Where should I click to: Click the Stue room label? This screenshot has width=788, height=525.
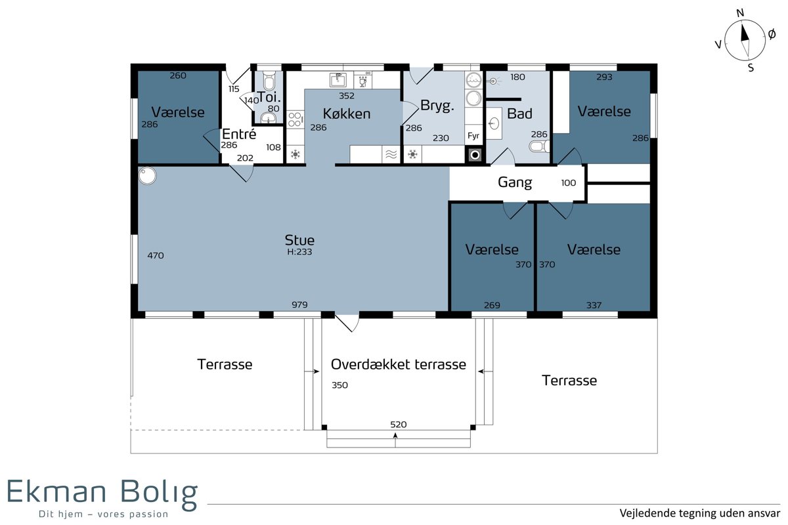click(299, 240)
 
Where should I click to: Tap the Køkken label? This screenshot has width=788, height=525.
click(347, 114)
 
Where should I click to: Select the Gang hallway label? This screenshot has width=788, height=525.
click(515, 182)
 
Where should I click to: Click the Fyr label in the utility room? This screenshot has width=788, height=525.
click(473, 136)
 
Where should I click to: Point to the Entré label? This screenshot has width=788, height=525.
click(239, 134)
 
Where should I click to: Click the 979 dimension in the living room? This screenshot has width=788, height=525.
click(299, 304)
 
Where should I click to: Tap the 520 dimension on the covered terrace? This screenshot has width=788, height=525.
click(398, 425)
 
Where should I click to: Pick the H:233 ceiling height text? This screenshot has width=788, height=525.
click(299, 252)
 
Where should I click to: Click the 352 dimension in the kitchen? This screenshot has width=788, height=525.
click(347, 96)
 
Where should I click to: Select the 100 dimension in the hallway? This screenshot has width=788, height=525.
click(569, 183)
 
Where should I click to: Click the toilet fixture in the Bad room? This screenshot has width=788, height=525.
click(539, 146)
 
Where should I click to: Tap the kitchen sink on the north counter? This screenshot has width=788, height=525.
click(338, 80)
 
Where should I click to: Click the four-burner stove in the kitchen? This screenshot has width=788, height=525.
click(295, 119)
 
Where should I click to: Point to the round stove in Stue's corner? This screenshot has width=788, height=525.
click(147, 175)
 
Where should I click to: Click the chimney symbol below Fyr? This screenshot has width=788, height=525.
click(475, 155)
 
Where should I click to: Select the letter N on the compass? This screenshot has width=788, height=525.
click(740, 13)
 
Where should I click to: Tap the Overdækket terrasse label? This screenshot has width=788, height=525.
click(398, 364)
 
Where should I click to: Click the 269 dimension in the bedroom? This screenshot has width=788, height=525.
click(492, 305)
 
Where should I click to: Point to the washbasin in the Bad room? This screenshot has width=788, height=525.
click(494, 123)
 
